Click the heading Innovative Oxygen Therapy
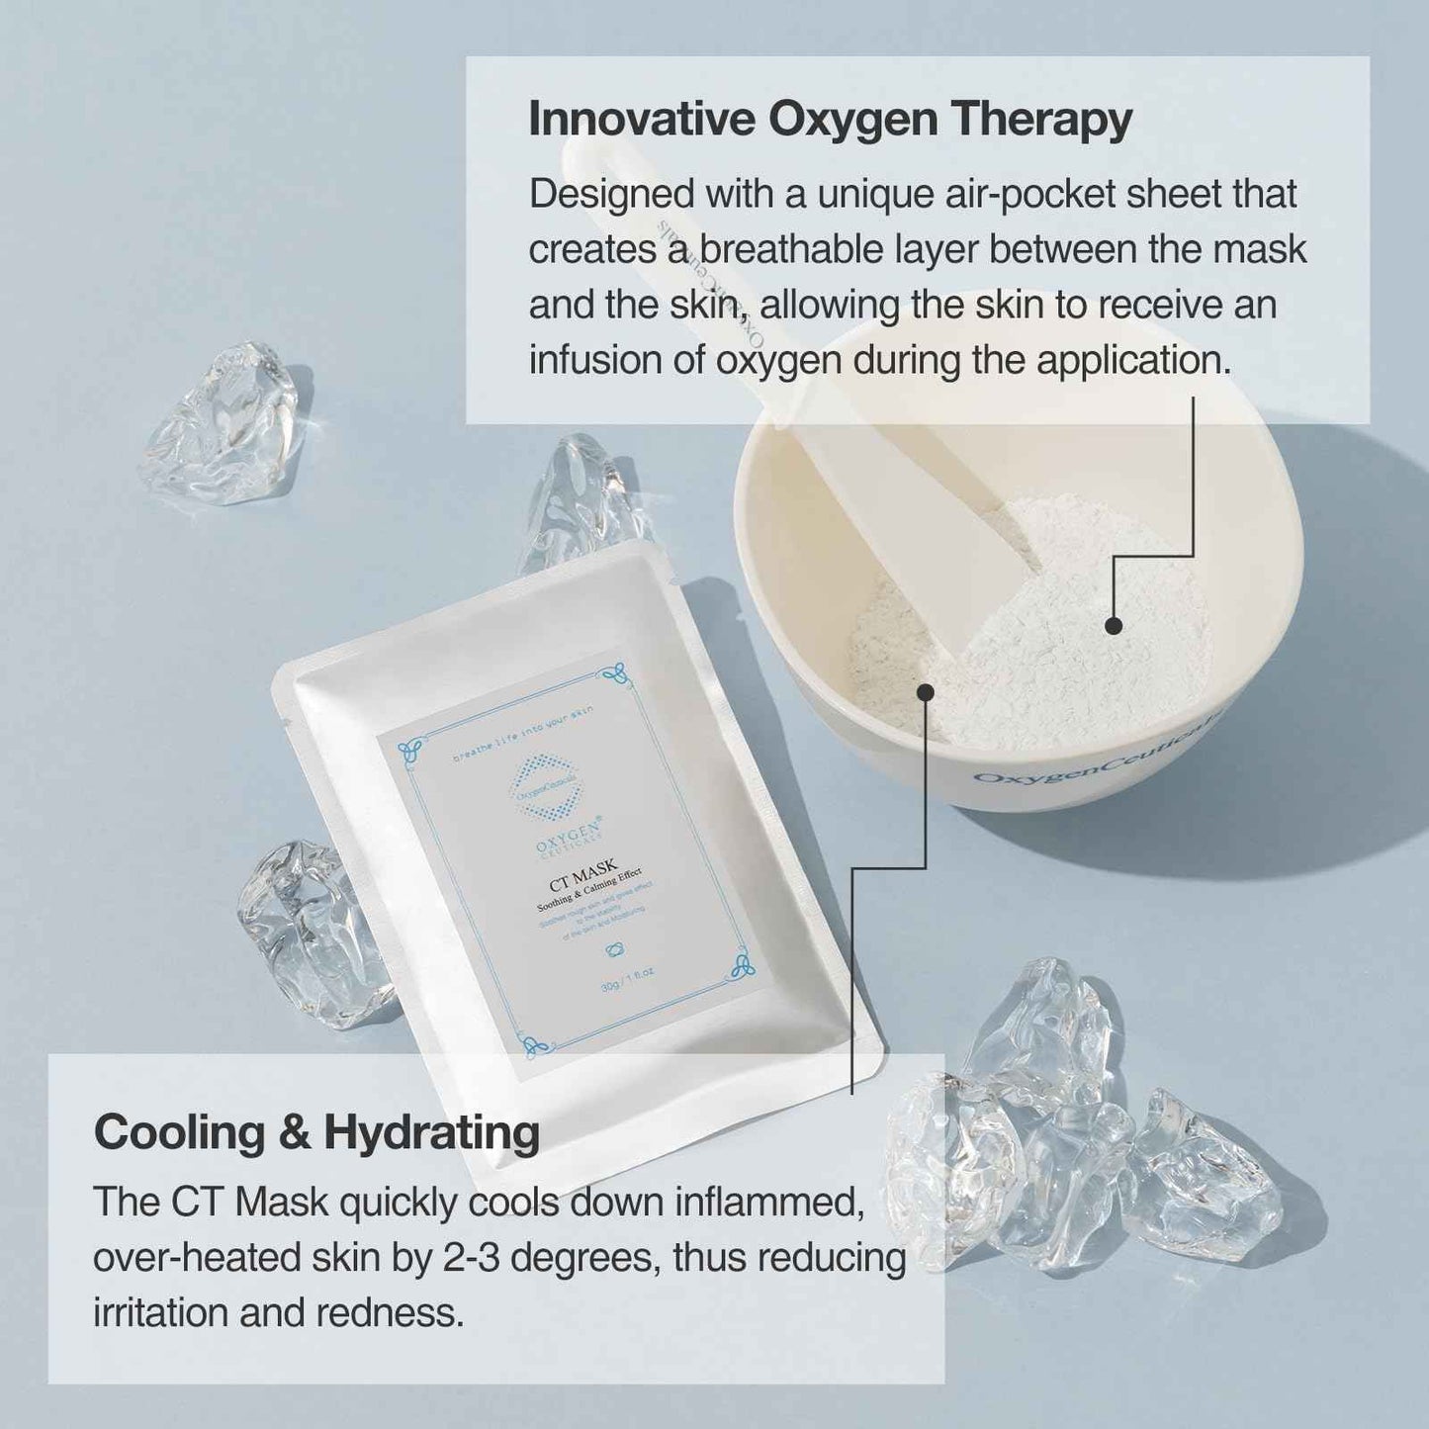[x=830, y=120]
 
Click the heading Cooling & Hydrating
[x=316, y=1132]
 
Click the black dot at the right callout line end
[x=1114, y=625]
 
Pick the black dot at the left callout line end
[x=925, y=692]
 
